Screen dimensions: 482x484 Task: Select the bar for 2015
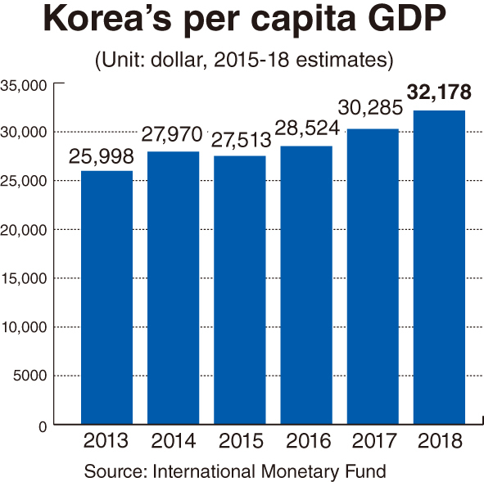click(x=240, y=290)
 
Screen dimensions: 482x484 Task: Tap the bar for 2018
click(x=440, y=268)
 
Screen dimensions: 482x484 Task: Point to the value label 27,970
click(x=174, y=135)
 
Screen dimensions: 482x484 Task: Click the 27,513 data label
click(x=240, y=138)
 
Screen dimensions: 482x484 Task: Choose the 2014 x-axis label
click(x=174, y=442)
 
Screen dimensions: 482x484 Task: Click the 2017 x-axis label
click(x=373, y=442)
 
